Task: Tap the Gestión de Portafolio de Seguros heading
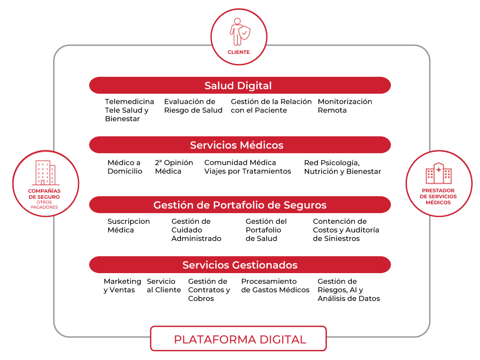tap(240, 205)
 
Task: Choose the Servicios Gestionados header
tap(240, 265)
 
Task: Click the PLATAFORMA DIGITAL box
tap(239, 339)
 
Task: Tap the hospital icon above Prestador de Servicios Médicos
tap(439, 173)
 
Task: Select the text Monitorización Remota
tap(345, 106)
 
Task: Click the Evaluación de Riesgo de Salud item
tap(193, 106)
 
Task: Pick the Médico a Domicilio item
tap(125, 167)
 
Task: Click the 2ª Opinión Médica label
tap(174, 167)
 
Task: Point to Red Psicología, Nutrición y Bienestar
tap(342, 167)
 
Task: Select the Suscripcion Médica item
tap(129, 226)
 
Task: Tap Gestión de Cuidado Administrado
tap(196, 230)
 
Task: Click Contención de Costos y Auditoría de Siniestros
tap(346, 230)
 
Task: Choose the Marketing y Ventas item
tap(122, 286)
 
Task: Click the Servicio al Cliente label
tap(164, 286)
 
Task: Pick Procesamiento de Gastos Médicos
tap(275, 286)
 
